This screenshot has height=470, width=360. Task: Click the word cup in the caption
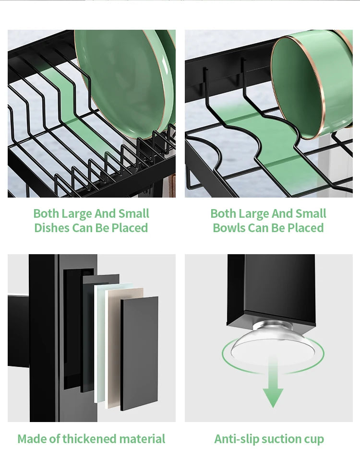tap(314, 440)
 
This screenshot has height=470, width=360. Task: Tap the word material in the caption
tap(142, 439)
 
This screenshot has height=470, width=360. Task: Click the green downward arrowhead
tap(273, 398)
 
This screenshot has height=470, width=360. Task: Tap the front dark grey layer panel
tap(139, 354)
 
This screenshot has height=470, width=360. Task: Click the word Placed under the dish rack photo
tap(130, 228)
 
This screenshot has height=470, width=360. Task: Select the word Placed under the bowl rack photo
tap(305, 228)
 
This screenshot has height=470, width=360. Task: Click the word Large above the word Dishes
tap(77, 214)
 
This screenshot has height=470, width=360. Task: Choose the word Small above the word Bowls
tap(311, 213)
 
